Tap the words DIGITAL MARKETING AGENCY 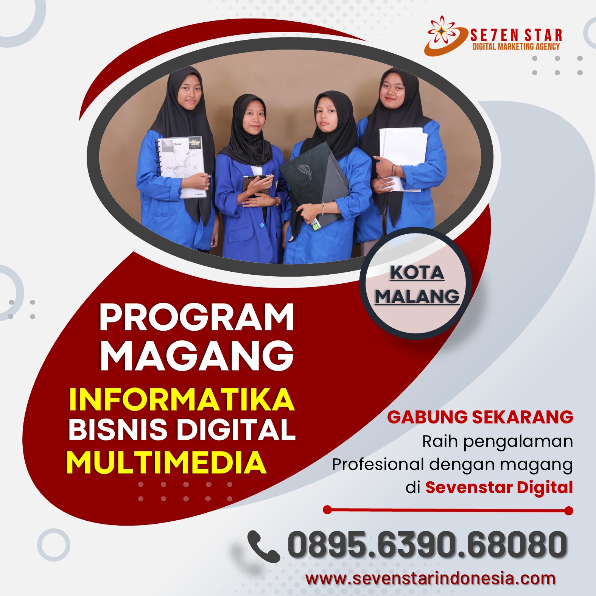tap(516, 47)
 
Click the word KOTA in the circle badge tap(417, 272)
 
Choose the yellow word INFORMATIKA tap(182, 399)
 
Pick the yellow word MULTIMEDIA tap(167, 462)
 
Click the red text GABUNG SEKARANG tap(480, 417)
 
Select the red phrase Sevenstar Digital tap(499, 487)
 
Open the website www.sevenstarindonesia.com tap(430, 579)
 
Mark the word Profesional tap(378, 464)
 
